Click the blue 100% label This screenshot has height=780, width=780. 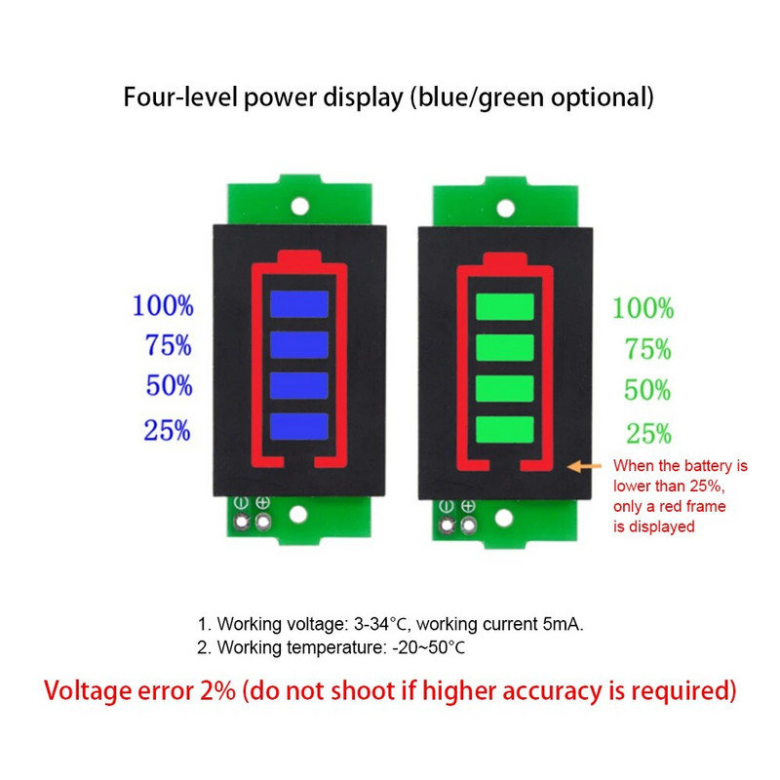(163, 305)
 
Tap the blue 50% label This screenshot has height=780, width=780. (170, 385)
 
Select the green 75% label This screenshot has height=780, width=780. (647, 349)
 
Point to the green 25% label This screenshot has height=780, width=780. (647, 433)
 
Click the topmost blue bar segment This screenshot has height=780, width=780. (300, 304)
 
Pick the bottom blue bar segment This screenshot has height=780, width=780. (300, 425)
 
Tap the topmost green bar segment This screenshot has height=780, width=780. (505, 306)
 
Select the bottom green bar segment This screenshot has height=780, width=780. (505, 428)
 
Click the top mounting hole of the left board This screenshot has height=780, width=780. (300, 207)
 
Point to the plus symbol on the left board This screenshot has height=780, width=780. (262, 503)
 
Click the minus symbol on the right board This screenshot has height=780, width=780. (447, 506)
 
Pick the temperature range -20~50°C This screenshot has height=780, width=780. (427, 647)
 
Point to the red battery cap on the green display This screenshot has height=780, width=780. (505, 256)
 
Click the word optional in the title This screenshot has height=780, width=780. (603, 97)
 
